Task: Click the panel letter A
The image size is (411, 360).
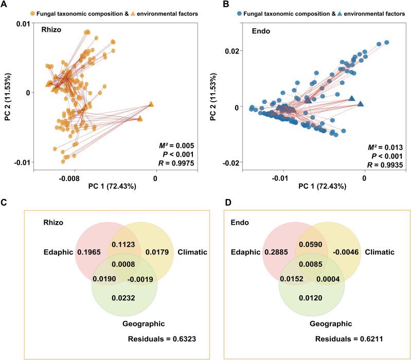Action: (5, 5)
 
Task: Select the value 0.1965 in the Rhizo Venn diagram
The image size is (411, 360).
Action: (88, 253)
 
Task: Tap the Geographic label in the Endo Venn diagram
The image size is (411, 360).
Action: (331, 323)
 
